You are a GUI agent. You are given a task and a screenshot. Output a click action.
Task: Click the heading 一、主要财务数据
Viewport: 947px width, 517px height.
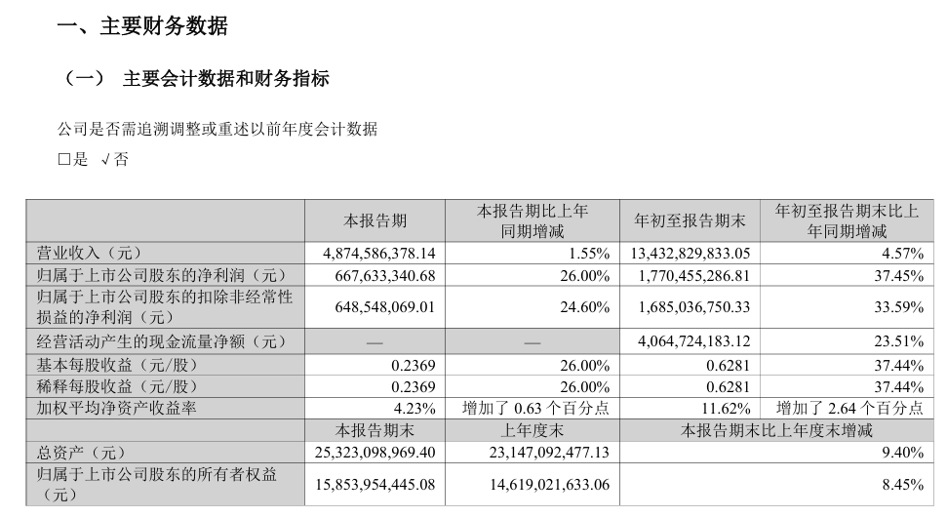pos(143,27)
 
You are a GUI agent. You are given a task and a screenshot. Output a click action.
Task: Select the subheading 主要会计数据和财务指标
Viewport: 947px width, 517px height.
pos(225,79)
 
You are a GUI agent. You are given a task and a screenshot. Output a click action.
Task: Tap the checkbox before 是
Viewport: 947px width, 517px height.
pos(64,160)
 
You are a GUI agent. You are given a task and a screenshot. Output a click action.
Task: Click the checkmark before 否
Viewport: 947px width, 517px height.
pos(105,160)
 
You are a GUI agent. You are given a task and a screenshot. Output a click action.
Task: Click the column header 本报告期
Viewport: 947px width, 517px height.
pos(375,221)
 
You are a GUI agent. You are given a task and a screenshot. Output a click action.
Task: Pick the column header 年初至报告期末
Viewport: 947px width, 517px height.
pos(690,221)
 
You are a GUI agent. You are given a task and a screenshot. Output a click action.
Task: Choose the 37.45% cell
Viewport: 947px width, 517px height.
pos(899,275)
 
